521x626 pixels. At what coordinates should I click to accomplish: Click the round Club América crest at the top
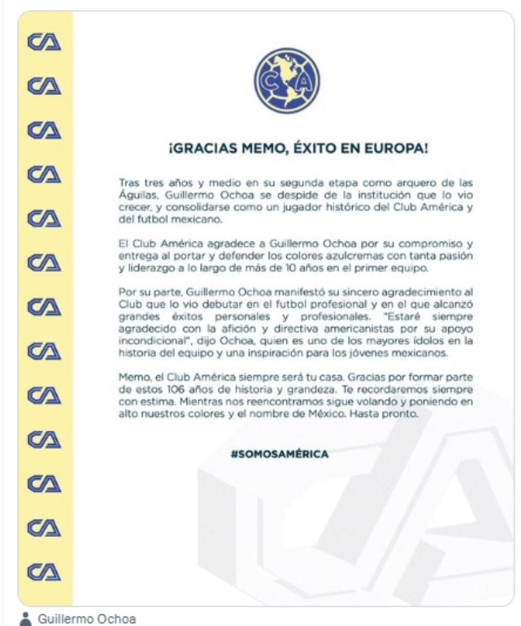click(x=286, y=80)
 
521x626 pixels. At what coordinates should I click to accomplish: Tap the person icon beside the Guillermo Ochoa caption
click(x=26, y=619)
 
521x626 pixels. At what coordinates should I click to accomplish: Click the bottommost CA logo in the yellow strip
click(x=44, y=570)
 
